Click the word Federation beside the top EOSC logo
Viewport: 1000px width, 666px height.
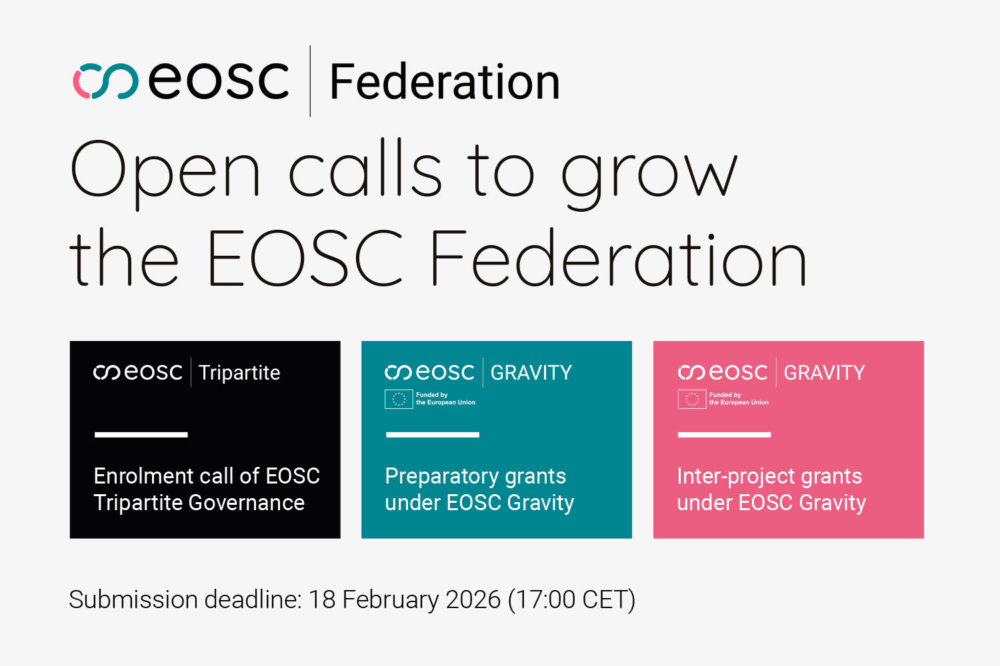pos(445,83)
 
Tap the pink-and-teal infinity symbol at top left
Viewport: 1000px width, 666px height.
pos(105,81)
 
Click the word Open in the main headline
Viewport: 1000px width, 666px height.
pos(165,170)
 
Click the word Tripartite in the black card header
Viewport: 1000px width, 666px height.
pos(239,373)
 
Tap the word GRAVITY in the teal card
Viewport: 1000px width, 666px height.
pos(531,373)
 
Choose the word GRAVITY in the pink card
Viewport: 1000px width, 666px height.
pos(824,373)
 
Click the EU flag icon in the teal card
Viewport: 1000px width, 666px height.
pos(399,399)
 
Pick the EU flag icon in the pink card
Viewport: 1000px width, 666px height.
pos(692,399)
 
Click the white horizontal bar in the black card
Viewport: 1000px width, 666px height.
pos(141,435)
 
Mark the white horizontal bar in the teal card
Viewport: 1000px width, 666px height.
pos(433,435)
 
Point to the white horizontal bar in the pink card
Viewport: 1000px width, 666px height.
pos(724,435)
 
